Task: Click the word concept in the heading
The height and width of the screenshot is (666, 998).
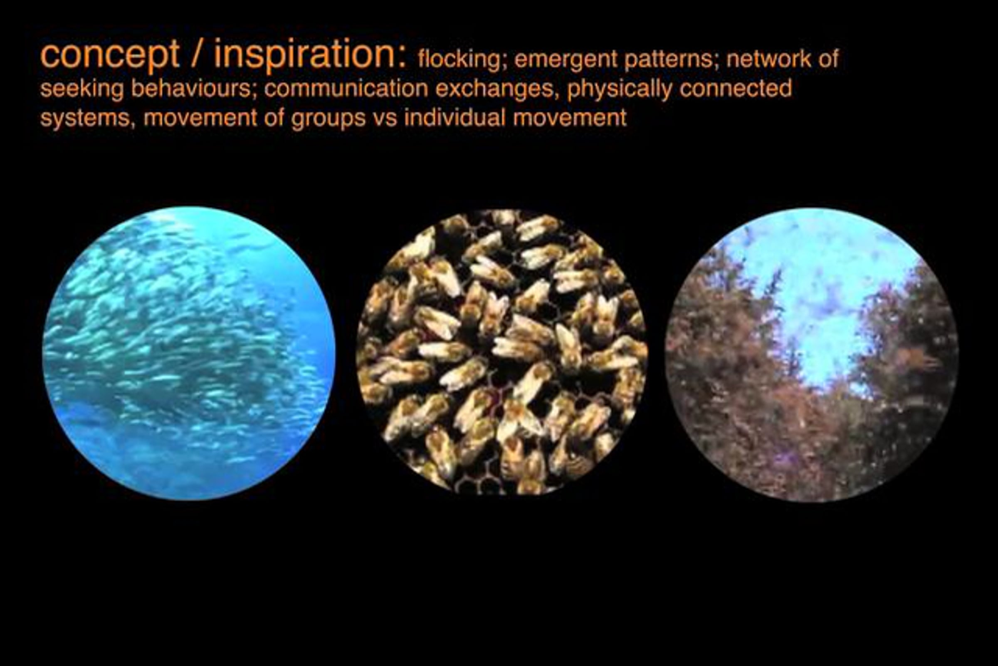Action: (x=109, y=55)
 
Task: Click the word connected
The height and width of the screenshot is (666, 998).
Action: (x=736, y=88)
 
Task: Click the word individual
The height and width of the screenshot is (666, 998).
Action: (x=455, y=117)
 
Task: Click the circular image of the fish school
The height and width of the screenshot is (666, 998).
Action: (x=189, y=353)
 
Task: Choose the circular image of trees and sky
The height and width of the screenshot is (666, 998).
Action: (x=812, y=355)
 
